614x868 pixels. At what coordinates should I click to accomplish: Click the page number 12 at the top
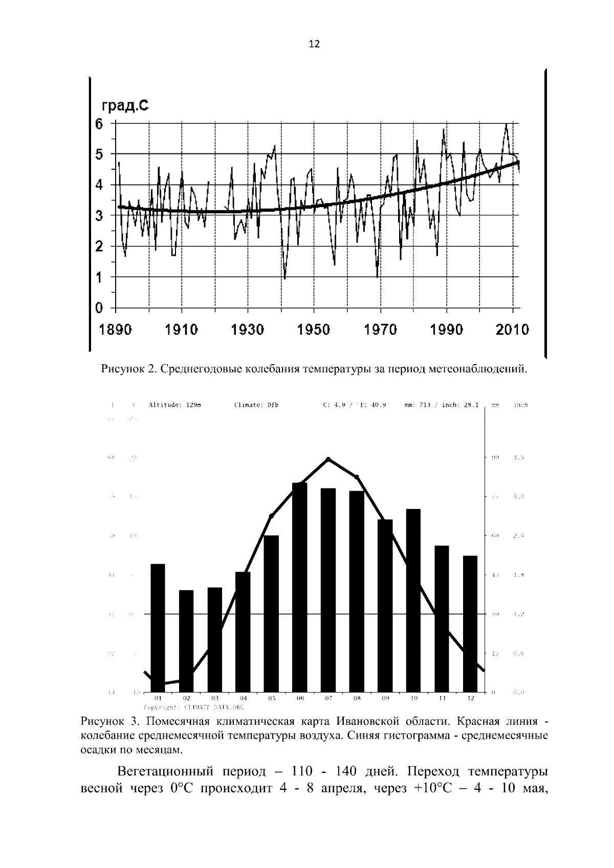[314, 44]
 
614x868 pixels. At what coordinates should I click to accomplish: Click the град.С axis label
[125, 106]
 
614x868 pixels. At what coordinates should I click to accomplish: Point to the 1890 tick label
[116, 329]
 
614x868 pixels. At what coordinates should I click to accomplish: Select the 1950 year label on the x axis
[314, 329]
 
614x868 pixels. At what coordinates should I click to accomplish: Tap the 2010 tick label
[512, 329]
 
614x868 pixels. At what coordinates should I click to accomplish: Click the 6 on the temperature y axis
[99, 123]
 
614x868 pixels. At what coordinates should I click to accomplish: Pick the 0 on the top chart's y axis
[99, 308]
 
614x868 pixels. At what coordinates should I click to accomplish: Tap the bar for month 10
[413, 600]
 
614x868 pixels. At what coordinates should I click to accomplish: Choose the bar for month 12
[470, 624]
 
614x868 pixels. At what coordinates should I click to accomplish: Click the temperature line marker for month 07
[328, 459]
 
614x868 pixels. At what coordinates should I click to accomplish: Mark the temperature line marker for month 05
[272, 516]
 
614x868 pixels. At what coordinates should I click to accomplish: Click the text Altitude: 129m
[174, 405]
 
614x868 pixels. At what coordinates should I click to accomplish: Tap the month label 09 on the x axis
[385, 698]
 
